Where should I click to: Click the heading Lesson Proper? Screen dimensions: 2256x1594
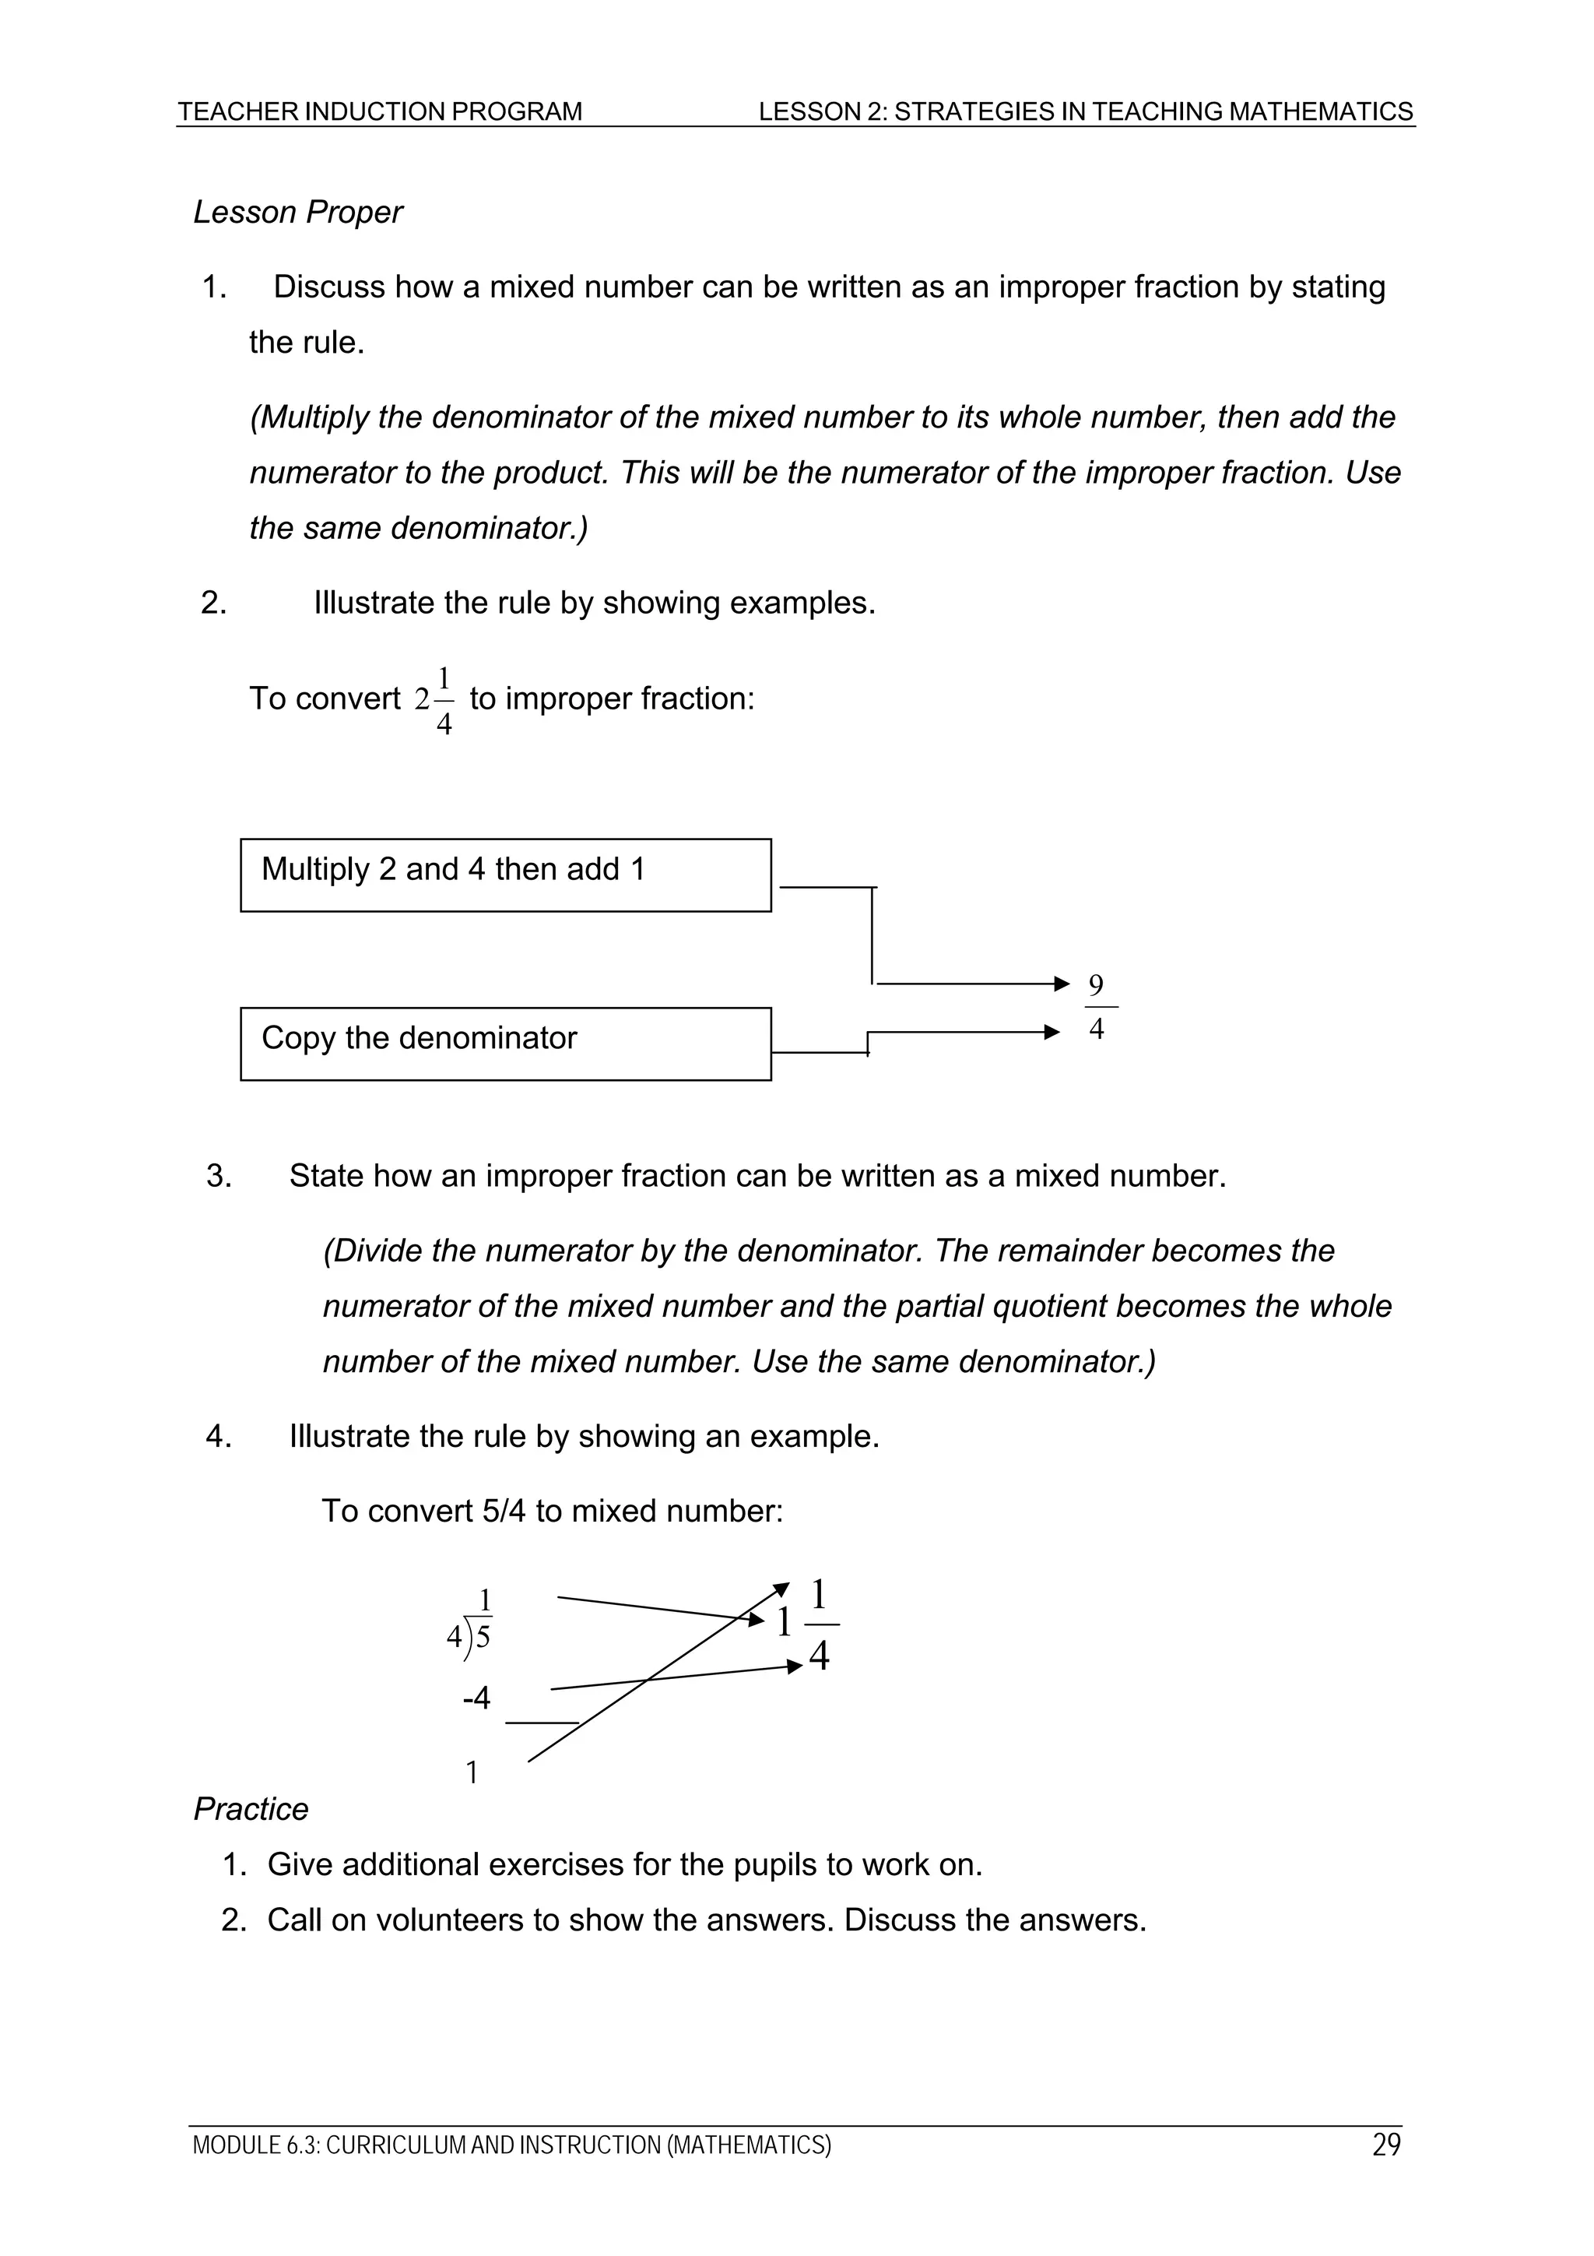point(297,213)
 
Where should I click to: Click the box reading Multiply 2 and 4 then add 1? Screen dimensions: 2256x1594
point(505,875)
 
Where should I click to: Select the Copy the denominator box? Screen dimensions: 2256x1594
point(505,1044)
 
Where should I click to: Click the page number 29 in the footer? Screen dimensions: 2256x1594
point(1385,2145)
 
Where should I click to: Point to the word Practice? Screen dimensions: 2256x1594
point(251,1809)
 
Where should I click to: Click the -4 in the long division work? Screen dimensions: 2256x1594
point(476,1698)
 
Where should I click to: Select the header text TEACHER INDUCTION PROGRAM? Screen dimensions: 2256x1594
point(380,112)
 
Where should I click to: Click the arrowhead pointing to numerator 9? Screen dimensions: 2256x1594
point(1062,984)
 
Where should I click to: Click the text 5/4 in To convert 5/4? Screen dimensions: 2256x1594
point(505,1510)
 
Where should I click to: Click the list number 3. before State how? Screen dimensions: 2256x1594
point(219,1176)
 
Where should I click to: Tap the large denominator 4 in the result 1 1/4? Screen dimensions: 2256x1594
point(819,1656)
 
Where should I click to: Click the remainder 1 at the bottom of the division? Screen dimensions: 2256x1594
point(472,1772)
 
